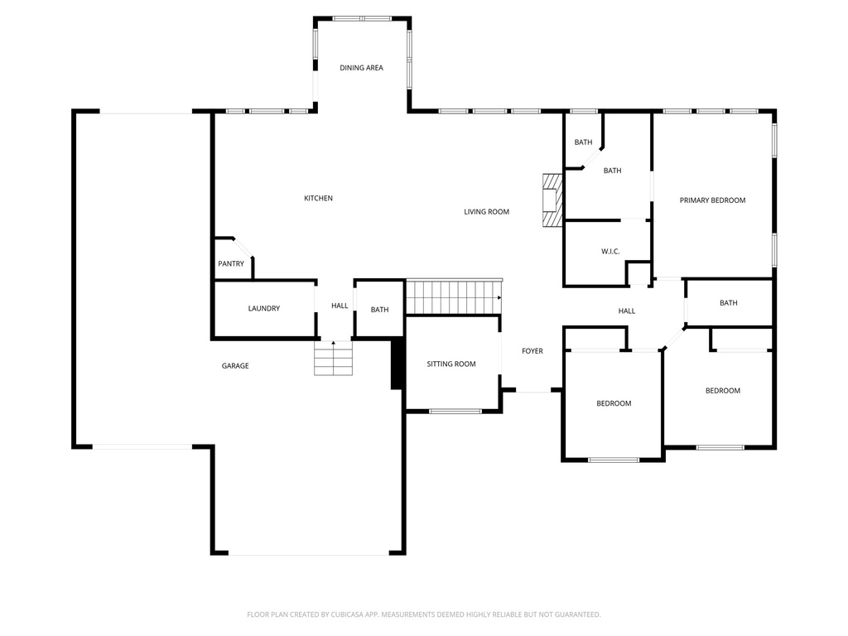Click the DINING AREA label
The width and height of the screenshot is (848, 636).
coord(361,68)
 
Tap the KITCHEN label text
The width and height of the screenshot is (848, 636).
coord(318,199)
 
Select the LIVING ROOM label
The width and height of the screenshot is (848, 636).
coord(486,212)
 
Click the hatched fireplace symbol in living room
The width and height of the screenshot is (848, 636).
coord(552,200)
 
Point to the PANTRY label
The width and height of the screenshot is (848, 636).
coord(231,264)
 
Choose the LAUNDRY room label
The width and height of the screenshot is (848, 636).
coord(263,309)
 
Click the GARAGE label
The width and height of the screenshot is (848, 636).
coord(235,366)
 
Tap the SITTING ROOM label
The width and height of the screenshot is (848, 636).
coord(451,364)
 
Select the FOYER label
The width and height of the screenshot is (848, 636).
coord(532,351)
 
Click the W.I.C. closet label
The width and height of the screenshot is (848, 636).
coord(610,252)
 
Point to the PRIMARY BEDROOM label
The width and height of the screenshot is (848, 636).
coord(712,200)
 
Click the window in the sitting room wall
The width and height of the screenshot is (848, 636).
coord(455,411)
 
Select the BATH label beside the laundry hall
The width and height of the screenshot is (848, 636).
coord(379,310)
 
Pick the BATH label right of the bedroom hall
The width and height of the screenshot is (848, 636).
coord(728,303)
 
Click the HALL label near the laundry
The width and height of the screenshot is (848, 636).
coord(340,306)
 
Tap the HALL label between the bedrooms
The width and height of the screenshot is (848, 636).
coord(627,311)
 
